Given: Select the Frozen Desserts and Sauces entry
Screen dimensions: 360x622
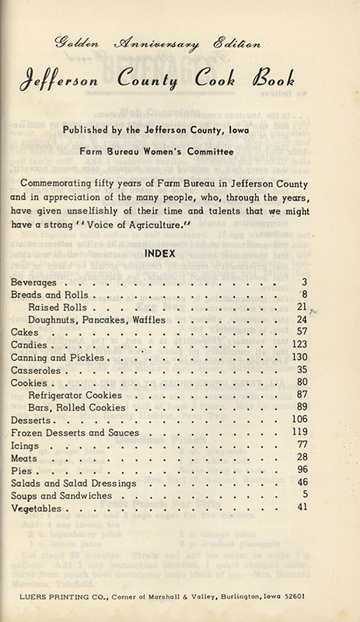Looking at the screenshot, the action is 75,432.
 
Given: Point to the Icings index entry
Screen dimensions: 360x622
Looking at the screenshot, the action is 26,446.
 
